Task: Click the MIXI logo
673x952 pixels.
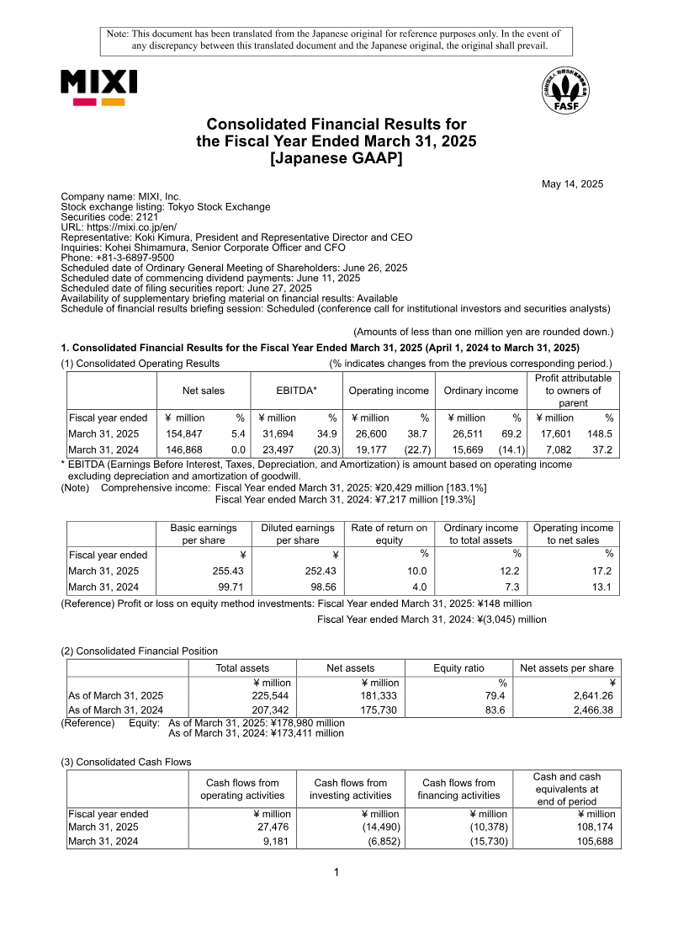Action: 98,88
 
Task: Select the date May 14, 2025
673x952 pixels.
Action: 572,183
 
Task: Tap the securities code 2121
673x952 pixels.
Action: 147,216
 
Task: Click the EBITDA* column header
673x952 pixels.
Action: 296,391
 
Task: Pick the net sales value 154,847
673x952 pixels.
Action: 186,433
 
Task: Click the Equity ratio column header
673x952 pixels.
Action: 458,668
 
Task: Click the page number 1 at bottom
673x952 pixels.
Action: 336,872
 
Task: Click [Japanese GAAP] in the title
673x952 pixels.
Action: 336,158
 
